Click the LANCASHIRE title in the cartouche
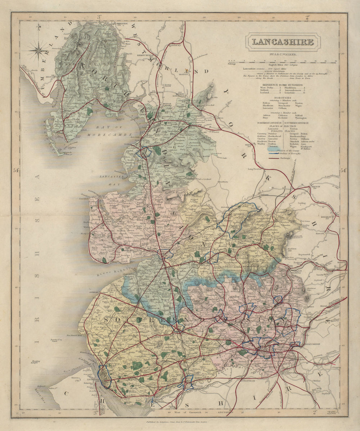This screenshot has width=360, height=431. [x=282, y=42]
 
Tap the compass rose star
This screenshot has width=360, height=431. [x=38, y=51]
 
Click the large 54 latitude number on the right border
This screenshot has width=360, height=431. [x=343, y=170]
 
